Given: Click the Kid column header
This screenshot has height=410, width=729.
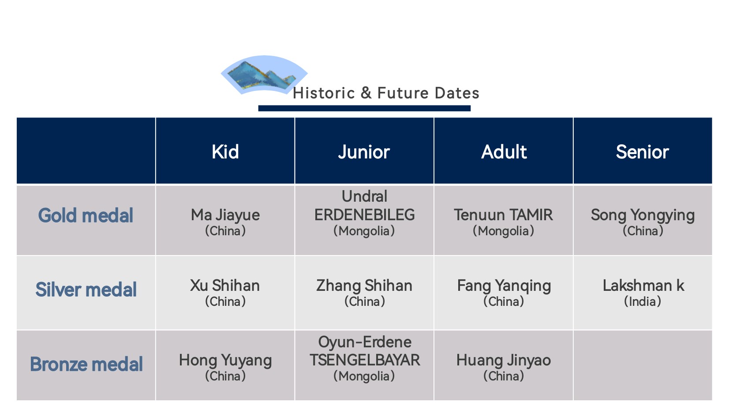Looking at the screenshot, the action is (x=225, y=152).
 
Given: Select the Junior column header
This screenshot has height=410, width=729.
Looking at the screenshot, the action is (x=364, y=152).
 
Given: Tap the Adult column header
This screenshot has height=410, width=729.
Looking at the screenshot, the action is (x=504, y=152).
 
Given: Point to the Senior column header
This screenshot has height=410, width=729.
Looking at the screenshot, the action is (x=643, y=152).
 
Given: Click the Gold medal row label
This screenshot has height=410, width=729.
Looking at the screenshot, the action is (x=86, y=215).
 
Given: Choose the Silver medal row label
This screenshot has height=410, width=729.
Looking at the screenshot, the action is (x=86, y=290).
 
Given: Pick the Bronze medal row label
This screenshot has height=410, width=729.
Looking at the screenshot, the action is (x=86, y=364).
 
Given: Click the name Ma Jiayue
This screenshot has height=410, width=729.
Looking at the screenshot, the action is (x=225, y=215).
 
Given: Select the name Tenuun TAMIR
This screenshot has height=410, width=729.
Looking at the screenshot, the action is (x=504, y=215).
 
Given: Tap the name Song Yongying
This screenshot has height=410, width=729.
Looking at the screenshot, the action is (x=643, y=215).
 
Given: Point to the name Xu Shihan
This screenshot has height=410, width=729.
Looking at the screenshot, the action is (x=225, y=286).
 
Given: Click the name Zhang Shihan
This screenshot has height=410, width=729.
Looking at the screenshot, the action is (x=364, y=286).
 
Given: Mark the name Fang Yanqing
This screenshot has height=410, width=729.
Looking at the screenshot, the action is (x=504, y=286).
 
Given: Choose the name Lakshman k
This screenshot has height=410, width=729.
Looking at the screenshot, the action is (x=643, y=286).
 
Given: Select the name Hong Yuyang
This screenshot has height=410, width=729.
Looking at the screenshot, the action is (x=225, y=361).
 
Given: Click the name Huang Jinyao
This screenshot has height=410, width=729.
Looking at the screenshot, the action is (x=504, y=361).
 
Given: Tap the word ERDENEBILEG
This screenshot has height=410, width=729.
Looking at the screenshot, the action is (x=364, y=215).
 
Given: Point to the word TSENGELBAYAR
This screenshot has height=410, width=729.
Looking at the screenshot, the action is (x=365, y=360).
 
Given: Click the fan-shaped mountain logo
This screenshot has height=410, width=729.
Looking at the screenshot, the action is (x=264, y=74).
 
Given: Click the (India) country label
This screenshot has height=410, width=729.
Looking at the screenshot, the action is (x=643, y=301).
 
